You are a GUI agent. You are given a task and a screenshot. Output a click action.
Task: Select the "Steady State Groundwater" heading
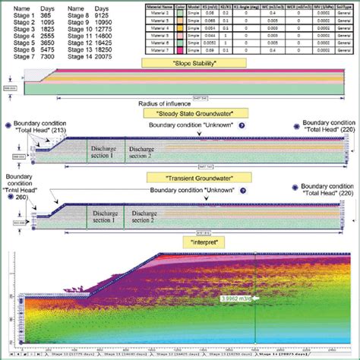point(180,113)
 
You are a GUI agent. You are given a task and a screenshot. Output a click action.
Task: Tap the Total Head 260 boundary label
point(21,186)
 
